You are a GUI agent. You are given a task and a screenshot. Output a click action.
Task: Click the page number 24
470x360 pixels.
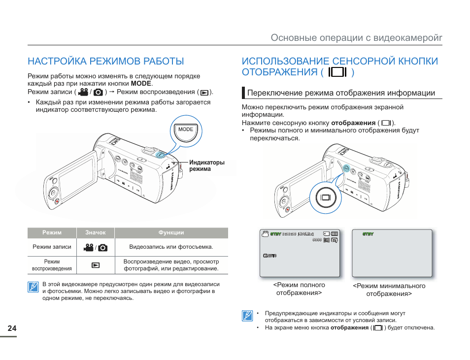[x=12, y=328]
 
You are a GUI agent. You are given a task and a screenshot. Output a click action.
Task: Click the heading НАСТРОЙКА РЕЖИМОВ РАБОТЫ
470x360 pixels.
[x=105, y=61]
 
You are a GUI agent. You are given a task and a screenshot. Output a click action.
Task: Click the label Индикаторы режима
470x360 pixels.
[x=207, y=165]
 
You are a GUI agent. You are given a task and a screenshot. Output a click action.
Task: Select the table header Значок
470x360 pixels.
[x=96, y=232]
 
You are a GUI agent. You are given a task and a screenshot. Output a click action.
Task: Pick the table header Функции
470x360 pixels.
[x=171, y=232]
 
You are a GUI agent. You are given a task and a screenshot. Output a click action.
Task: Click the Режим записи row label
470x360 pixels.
[x=52, y=247]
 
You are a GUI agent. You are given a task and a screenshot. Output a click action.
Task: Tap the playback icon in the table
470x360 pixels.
[x=96, y=265]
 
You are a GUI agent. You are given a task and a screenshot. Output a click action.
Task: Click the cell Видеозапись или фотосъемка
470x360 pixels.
[x=171, y=247]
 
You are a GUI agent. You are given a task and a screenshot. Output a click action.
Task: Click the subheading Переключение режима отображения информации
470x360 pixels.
[x=341, y=93]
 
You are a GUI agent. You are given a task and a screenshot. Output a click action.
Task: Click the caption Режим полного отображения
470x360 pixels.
[x=299, y=289]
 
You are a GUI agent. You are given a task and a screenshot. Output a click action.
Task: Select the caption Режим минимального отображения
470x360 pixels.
[x=389, y=290]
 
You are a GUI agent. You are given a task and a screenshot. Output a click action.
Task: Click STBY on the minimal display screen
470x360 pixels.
[x=368, y=234]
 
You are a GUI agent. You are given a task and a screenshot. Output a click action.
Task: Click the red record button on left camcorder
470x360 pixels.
[x=57, y=201]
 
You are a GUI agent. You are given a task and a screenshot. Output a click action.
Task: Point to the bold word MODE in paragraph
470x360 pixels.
[x=141, y=84]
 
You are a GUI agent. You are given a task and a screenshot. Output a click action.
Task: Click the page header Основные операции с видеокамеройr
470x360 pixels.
[x=356, y=38]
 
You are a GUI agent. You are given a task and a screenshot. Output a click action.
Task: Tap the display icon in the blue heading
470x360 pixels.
[x=337, y=72]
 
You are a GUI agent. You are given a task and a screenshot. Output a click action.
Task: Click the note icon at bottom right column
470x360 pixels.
[x=247, y=316]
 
